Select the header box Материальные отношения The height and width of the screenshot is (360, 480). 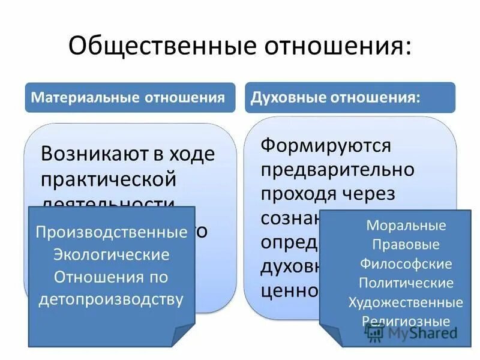coord(130,97)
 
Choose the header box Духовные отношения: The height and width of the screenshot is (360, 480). coord(350,97)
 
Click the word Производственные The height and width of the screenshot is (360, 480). coord(111,232)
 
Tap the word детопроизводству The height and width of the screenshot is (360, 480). coord(111,298)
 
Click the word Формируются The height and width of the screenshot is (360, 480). coord(326,145)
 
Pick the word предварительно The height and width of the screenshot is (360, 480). coord(338,169)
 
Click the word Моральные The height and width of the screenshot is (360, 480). coord(406,226)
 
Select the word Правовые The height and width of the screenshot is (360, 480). coord(406,245)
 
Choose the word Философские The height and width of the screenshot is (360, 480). coord(406,263)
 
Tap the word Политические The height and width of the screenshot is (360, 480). coord(406,282)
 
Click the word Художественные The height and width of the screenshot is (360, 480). coord(406,301)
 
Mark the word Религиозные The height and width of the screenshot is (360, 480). coord(406,320)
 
